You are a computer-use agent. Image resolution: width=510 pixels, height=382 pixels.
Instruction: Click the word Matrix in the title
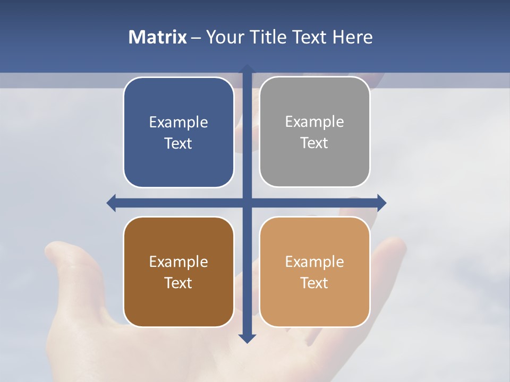click(157, 37)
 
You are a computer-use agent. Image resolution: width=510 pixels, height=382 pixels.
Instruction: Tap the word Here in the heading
click(352, 37)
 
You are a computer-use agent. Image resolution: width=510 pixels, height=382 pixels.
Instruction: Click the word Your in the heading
click(224, 37)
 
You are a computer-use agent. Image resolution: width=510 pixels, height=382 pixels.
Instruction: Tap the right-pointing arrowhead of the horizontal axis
click(381, 203)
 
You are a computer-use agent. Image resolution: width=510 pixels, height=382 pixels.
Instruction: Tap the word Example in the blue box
click(178, 123)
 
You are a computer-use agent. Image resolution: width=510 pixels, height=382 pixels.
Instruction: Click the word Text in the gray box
click(314, 143)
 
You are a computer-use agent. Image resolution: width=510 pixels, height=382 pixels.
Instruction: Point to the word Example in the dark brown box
click(178, 262)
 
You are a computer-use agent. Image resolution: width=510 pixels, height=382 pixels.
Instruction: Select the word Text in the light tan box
click(314, 283)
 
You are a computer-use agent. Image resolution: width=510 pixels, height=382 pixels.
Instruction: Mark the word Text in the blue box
click(178, 144)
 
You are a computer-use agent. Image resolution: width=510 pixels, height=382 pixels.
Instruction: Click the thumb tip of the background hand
click(56, 248)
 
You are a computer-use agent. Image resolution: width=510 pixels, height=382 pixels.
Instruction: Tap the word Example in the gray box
click(314, 122)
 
